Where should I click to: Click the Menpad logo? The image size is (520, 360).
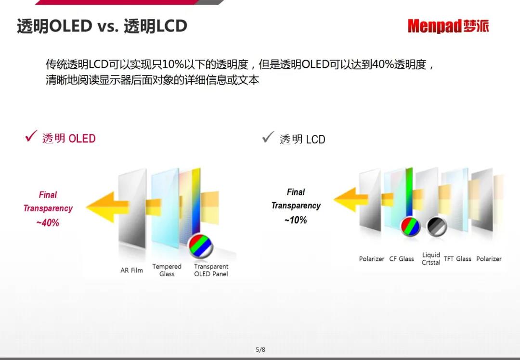pyautogui.click(x=448, y=26)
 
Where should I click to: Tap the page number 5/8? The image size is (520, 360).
pyautogui.click(x=260, y=350)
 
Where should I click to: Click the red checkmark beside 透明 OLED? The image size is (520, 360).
pyautogui.click(x=31, y=136)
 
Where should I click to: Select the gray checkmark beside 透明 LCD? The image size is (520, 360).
pyautogui.click(x=268, y=137)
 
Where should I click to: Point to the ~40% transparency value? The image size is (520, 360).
pyautogui.click(x=48, y=223)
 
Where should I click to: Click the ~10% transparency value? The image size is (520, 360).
pyautogui.click(x=296, y=220)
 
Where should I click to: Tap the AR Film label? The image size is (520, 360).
pyautogui.click(x=131, y=270)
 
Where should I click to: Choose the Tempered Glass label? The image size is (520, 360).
pyautogui.click(x=167, y=270)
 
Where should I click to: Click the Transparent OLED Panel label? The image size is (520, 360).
pyautogui.click(x=211, y=270)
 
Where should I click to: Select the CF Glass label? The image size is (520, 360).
pyautogui.click(x=402, y=259)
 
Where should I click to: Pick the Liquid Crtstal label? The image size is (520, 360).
pyautogui.click(x=431, y=258)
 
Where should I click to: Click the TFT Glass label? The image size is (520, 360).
pyautogui.click(x=457, y=259)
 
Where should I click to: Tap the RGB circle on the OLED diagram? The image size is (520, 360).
pyautogui.click(x=201, y=246)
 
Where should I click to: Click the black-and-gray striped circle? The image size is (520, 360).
pyautogui.click(x=437, y=227)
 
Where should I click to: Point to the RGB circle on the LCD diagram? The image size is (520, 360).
pyautogui.click(x=410, y=227)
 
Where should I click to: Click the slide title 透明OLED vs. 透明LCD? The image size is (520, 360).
pyautogui.click(x=102, y=26)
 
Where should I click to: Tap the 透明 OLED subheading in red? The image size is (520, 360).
pyautogui.click(x=69, y=138)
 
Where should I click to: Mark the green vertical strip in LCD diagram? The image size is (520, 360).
pyautogui.click(x=409, y=192)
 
